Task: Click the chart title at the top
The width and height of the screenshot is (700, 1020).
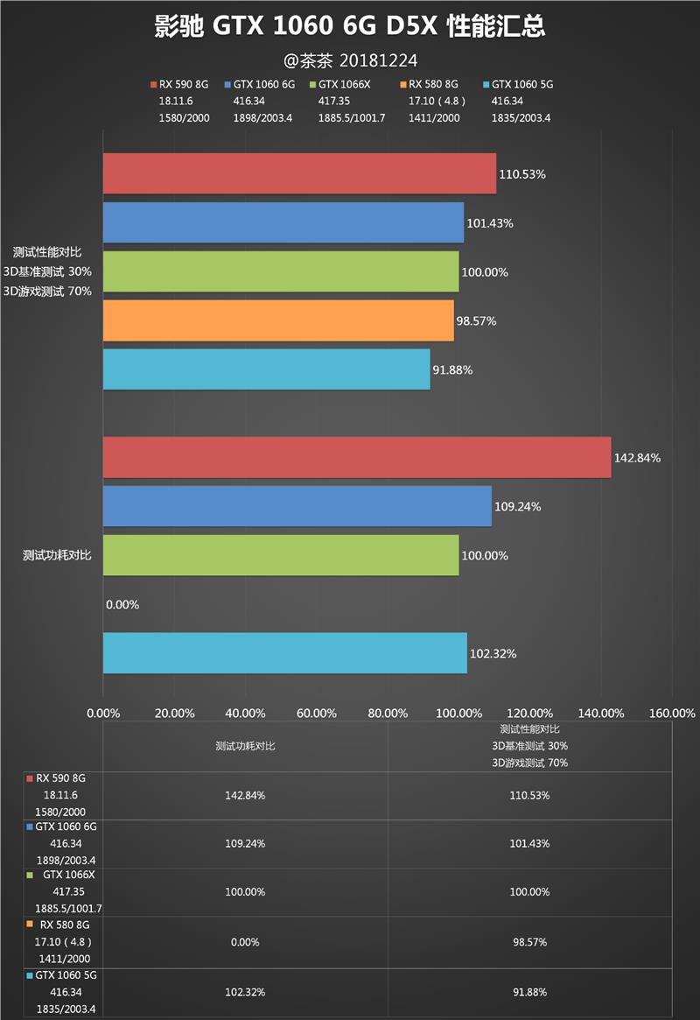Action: [x=350, y=26]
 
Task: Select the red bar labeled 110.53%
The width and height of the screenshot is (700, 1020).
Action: [x=299, y=173]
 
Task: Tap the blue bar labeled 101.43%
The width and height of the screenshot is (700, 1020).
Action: [x=283, y=222]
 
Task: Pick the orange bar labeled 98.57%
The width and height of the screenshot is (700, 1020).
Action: [x=278, y=320]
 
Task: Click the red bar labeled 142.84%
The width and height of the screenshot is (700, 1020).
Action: [x=357, y=457]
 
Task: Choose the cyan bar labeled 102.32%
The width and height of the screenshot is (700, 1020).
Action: [x=284, y=653]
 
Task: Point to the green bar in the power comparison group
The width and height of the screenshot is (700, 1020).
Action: [x=281, y=555]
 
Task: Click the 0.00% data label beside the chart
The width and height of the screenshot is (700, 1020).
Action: [x=122, y=604]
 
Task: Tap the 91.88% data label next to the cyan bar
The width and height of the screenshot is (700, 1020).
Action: [x=452, y=369]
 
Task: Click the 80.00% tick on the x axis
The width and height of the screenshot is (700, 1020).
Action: [x=388, y=713]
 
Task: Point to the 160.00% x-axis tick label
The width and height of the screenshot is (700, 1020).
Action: [x=672, y=713]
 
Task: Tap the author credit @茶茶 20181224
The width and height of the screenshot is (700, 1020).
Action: [x=350, y=60]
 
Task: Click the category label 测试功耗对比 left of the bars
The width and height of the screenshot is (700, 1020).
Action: [x=57, y=555]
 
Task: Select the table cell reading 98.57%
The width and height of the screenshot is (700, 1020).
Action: [x=530, y=941]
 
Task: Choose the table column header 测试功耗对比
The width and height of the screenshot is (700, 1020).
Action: [x=245, y=746]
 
